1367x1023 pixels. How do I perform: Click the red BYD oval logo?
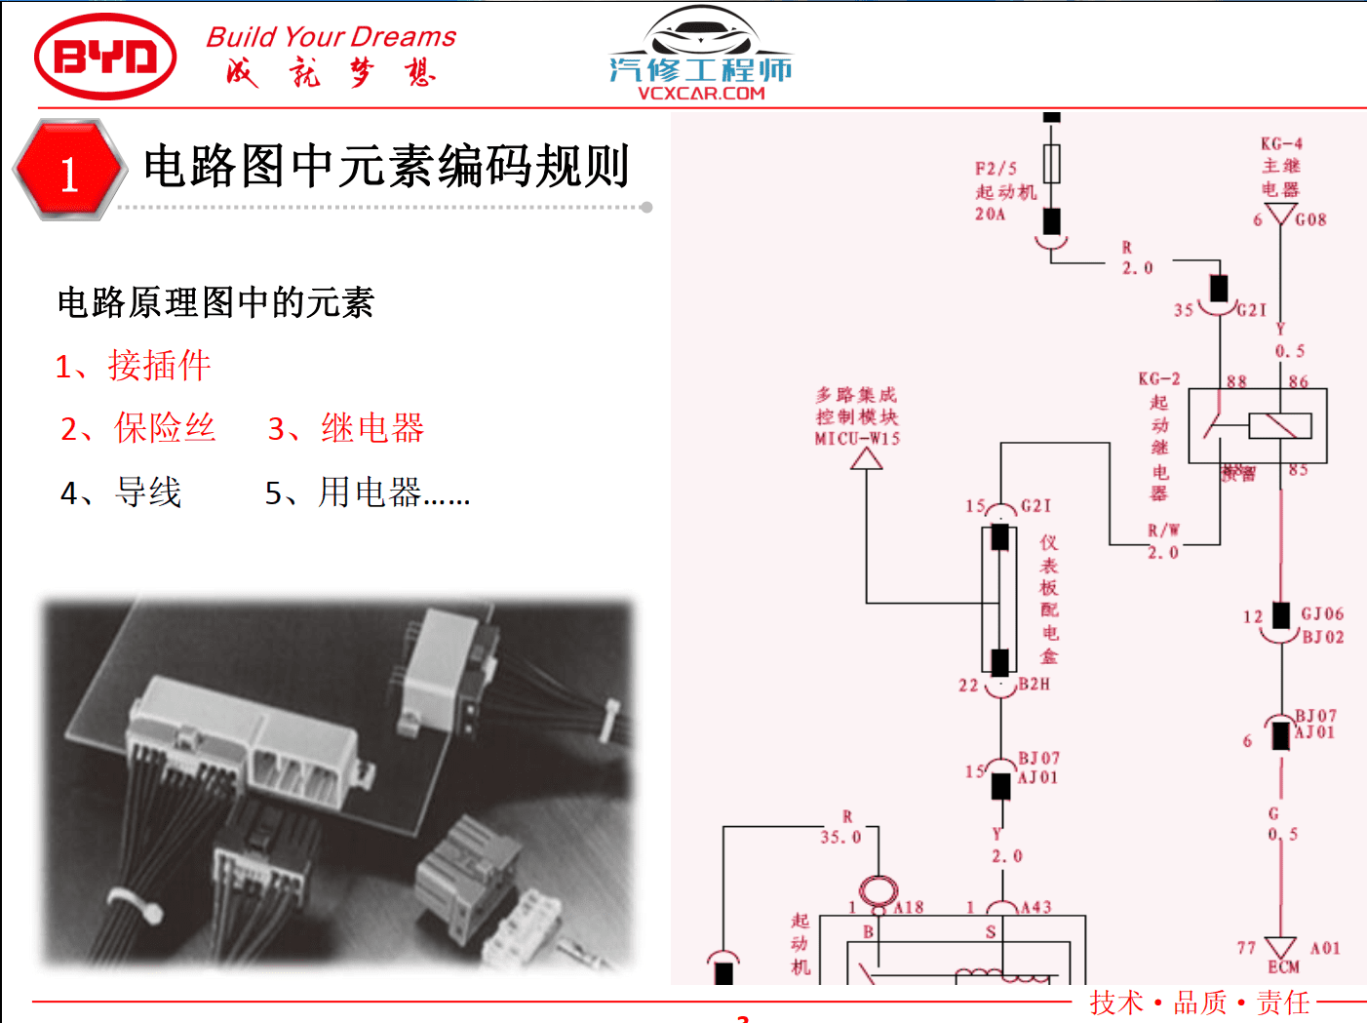pyautogui.click(x=105, y=57)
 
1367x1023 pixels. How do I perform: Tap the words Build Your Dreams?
pyautogui.click(x=331, y=37)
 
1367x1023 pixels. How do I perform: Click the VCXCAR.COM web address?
pyautogui.click(x=701, y=94)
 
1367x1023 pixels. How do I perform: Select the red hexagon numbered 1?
pyautogui.click(x=69, y=170)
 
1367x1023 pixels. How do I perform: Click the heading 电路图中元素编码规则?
pyautogui.click(x=386, y=166)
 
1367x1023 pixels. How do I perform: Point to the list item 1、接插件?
pyautogui.click(x=133, y=366)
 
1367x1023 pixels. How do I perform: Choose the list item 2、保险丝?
pyautogui.click(x=137, y=428)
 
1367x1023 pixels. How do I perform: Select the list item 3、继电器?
pyautogui.click(x=346, y=428)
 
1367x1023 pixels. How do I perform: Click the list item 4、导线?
pyautogui.click(x=121, y=492)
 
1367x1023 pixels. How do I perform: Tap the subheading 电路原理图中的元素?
pyautogui.click(x=215, y=302)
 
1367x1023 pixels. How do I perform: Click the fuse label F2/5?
pyautogui.click(x=996, y=168)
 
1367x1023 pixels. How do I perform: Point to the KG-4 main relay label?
pyautogui.click(x=1281, y=144)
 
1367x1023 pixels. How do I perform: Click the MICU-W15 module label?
pyautogui.click(x=857, y=439)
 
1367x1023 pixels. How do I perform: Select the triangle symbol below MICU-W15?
pyautogui.click(x=866, y=458)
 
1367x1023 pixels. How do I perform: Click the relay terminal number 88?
pyautogui.click(x=1236, y=381)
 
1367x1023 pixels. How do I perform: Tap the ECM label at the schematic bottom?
pyautogui.click(x=1283, y=967)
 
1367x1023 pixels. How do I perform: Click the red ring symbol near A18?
pyautogui.click(x=878, y=890)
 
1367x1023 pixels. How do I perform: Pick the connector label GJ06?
pyautogui.click(x=1322, y=613)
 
